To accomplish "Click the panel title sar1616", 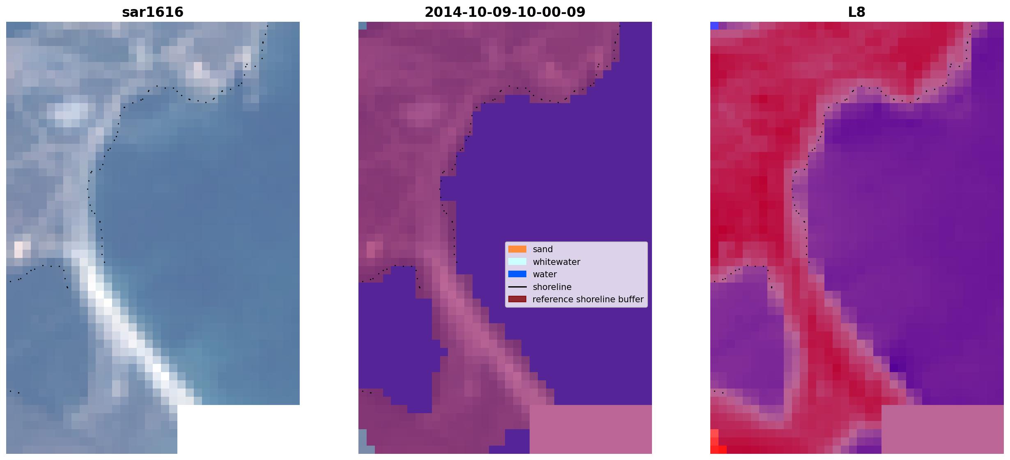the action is [x=153, y=12].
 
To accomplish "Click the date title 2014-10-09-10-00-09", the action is [x=505, y=12].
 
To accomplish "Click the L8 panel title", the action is [x=857, y=12].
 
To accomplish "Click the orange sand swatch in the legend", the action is [x=517, y=249].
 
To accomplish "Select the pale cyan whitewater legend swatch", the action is [x=517, y=262].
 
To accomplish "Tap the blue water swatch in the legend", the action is [x=517, y=274].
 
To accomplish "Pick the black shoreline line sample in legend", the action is [x=517, y=287].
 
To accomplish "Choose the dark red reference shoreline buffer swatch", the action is [x=517, y=299].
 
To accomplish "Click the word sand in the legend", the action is [x=543, y=249].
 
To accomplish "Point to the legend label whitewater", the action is [x=556, y=262].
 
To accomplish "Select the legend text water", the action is [x=545, y=274].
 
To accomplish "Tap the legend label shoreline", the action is [x=552, y=287].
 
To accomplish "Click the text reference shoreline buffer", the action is [x=588, y=299].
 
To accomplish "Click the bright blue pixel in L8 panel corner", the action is [x=714, y=25].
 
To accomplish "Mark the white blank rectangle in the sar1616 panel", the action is [x=239, y=429].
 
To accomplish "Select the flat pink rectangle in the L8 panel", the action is [x=943, y=429].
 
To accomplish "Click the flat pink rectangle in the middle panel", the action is [x=590, y=429].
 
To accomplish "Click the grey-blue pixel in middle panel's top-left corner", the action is [x=363, y=25].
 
